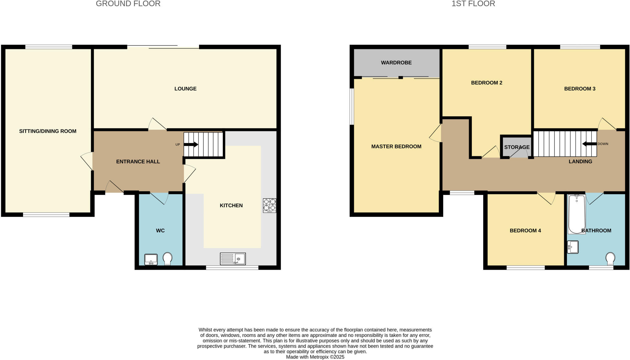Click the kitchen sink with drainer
click(x=233, y=259)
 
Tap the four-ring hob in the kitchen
click(x=269, y=205)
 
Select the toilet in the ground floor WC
click(x=167, y=259)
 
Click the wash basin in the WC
click(x=151, y=259)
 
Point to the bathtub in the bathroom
click(x=576, y=214)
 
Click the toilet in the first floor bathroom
click(x=610, y=259)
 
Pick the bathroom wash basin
click(x=573, y=247)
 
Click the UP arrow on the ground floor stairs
click(x=191, y=144)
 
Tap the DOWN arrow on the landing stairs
click(x=589, y=144)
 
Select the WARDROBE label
click(x=396, y=63)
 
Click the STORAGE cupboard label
click(x=517, y=147)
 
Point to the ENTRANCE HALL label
click(x=138, y=162)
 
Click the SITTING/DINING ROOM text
click(x=48, y=131)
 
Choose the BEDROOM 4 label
click(x=525, y=231)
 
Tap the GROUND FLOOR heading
click(x=128, y=4)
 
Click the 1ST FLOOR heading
click(x=473, y=4)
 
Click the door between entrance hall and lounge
click(x=157, y=125)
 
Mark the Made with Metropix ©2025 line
click(x=315, y=357)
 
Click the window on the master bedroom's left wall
click(x=352, y=107)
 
